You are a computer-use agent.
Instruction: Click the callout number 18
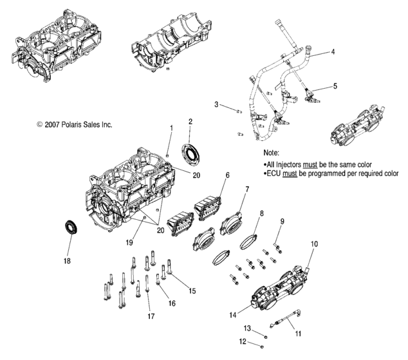[67, 261]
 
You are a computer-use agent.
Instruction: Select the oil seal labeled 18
[71, 228]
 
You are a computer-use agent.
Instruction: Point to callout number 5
[334, 85]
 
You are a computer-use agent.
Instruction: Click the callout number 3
[217, 104]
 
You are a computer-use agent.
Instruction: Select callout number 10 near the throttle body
[315, 244]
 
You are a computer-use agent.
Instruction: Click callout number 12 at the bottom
[244, 341]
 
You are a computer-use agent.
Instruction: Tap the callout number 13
[246, 328]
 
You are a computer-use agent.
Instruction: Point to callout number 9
[281, 222]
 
